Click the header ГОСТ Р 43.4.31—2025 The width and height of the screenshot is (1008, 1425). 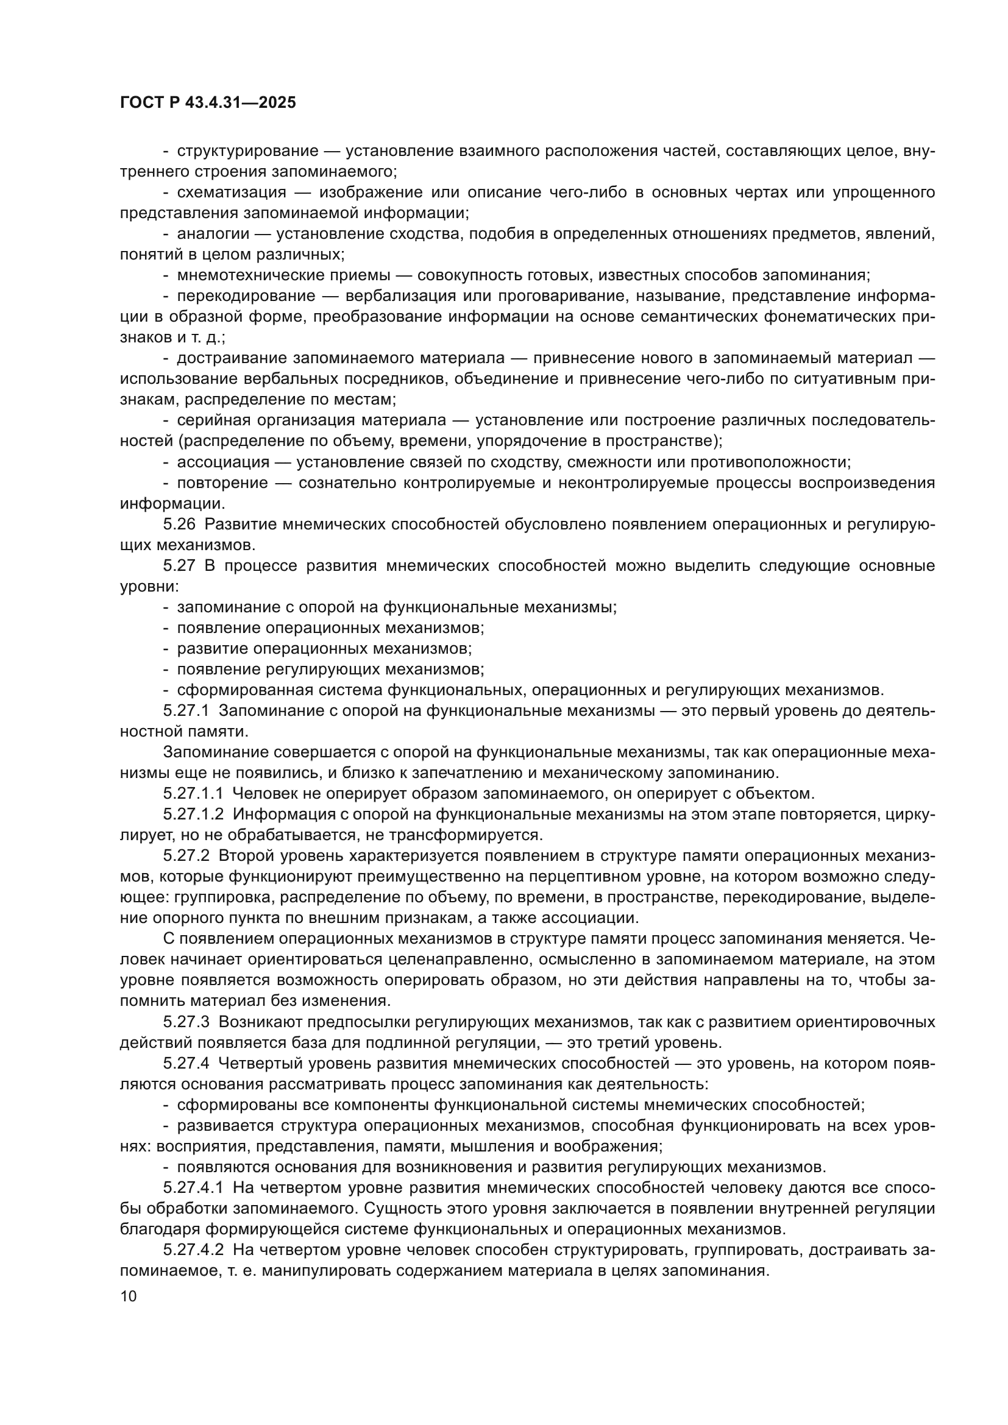(x=207, y=103)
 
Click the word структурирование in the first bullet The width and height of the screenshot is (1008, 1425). (x=247, y=151)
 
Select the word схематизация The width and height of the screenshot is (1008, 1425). (x=232, y=193)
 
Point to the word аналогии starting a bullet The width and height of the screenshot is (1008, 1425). (x=213, y=234)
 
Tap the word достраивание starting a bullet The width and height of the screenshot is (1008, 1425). (x=232, y=358)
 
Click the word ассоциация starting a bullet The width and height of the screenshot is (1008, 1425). (x=224, y=462)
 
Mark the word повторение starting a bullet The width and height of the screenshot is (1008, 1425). (x=223, y=483)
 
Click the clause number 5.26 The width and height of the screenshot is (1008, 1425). (x=179, y=525)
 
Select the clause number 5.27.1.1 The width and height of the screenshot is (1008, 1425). (x=193, y=794)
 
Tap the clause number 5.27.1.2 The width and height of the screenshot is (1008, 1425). (x=193, y=815)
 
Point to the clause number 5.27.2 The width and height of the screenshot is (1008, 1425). (x=186, y=856)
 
